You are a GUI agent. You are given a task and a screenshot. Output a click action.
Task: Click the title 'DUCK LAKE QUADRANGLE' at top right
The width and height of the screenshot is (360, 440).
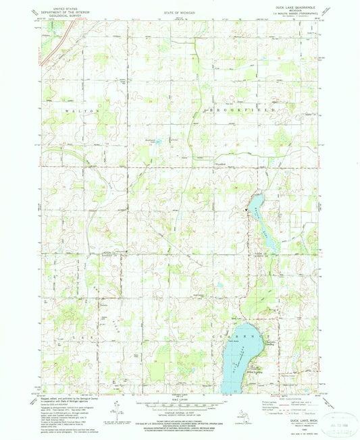(x=290, y=6)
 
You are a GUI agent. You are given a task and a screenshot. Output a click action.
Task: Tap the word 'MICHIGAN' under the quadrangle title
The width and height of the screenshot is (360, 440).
(x=290, y=9)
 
